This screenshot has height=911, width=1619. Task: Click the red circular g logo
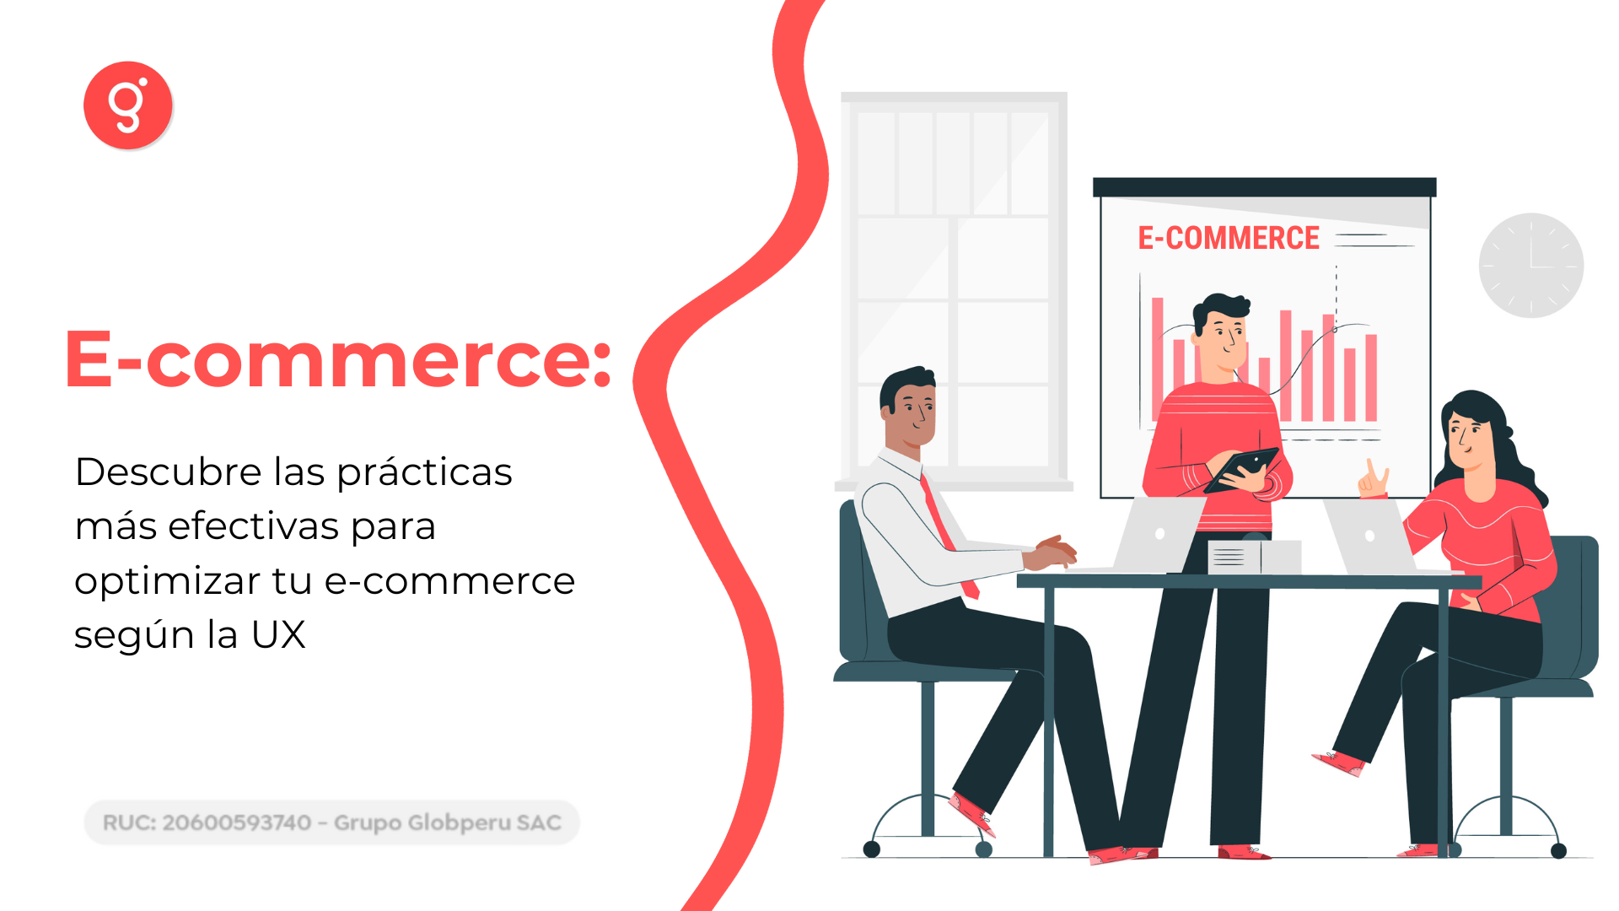(128, 105)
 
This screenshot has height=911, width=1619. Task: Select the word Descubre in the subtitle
(169, 471)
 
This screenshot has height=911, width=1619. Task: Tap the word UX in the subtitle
(278, 634)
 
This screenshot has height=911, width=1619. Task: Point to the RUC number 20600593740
(237, 822)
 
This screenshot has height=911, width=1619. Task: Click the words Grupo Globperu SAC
(448, 822)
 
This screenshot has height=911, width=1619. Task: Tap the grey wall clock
(1531, 265)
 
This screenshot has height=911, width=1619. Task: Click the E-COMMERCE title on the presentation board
(1229, 238)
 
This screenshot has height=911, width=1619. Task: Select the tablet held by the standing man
(1241, 470)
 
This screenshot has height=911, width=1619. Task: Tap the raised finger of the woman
(1370, 468)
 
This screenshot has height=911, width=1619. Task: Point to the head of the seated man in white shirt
(908, 407)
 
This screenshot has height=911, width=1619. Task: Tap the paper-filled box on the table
(1255, 557)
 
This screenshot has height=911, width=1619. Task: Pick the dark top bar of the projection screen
(1264, 187)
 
